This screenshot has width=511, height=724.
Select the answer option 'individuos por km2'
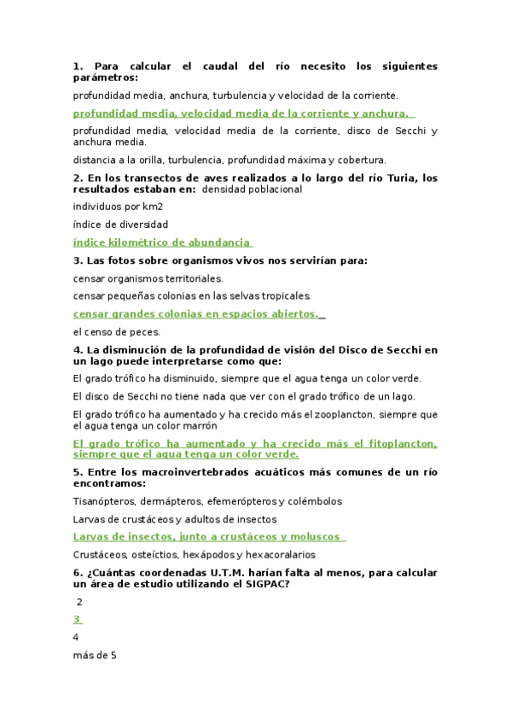point(118,207)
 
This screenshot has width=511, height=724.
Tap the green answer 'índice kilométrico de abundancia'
point(162,242)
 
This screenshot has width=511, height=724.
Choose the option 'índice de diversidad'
point(120,225)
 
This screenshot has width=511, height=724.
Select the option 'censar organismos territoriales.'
point(148,278)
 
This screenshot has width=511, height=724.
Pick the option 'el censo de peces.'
point(116,331)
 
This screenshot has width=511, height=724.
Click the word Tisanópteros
point(104,501)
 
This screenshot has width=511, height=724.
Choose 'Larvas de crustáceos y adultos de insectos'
point(175,519)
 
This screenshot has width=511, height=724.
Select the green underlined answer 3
point(77,619)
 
